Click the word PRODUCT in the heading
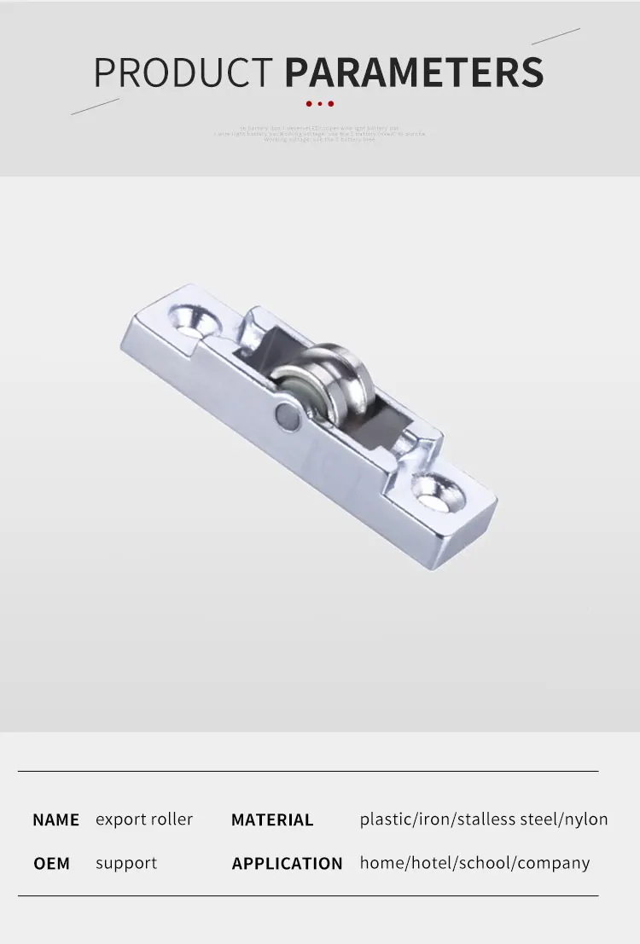(183, 72)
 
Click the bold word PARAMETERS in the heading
(414, 72)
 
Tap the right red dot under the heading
(330, 104)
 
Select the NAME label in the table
(55, 820)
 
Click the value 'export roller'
(144, 819)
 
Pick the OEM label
(51, 864)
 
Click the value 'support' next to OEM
(126, 863)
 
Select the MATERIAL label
(272, 820)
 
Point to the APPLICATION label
(287, 864)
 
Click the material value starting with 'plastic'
(484, 819)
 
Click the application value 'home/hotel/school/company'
(474, 863)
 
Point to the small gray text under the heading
(319, 134)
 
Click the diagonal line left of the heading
(95, 106)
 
